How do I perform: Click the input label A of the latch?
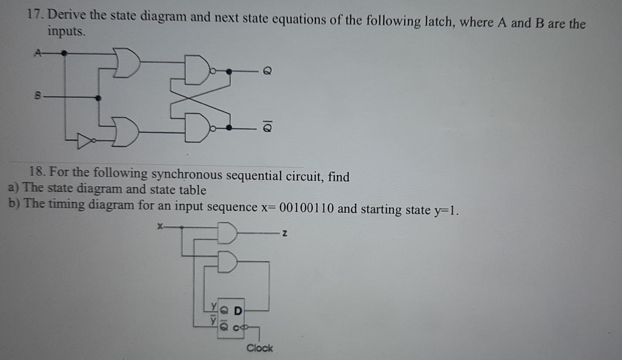point(38,53)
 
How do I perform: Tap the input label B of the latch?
point(38,97)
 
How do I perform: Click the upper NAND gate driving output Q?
point(196,70)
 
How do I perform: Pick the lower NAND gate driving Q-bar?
point(196,128)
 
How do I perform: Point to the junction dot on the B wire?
point(98,98)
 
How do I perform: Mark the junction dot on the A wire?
point(64,53)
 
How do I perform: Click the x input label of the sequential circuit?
point(160,226)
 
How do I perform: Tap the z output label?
point(284,234)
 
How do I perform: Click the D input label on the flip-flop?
point(237,311)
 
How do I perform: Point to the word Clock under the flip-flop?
point(260,348)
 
